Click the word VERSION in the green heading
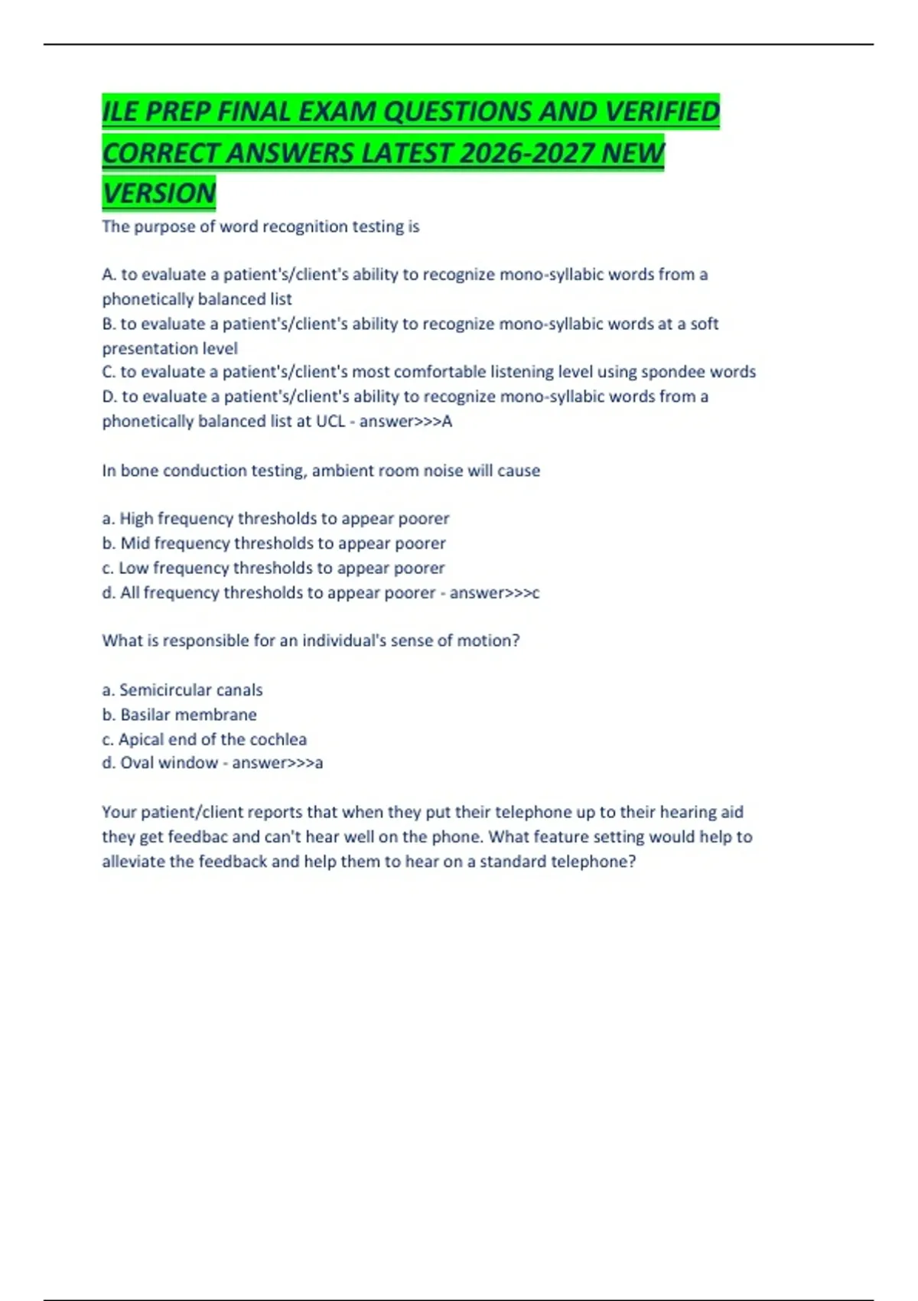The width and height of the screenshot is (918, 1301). pos(159,193)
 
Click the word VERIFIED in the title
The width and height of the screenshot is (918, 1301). pos(662,112)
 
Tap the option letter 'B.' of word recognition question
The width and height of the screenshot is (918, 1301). pos(109,324)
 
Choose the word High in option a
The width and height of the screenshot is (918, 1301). pos(136,519)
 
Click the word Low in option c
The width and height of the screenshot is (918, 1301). pos(133,568)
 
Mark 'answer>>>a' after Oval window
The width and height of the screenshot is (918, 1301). pos(277,763)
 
